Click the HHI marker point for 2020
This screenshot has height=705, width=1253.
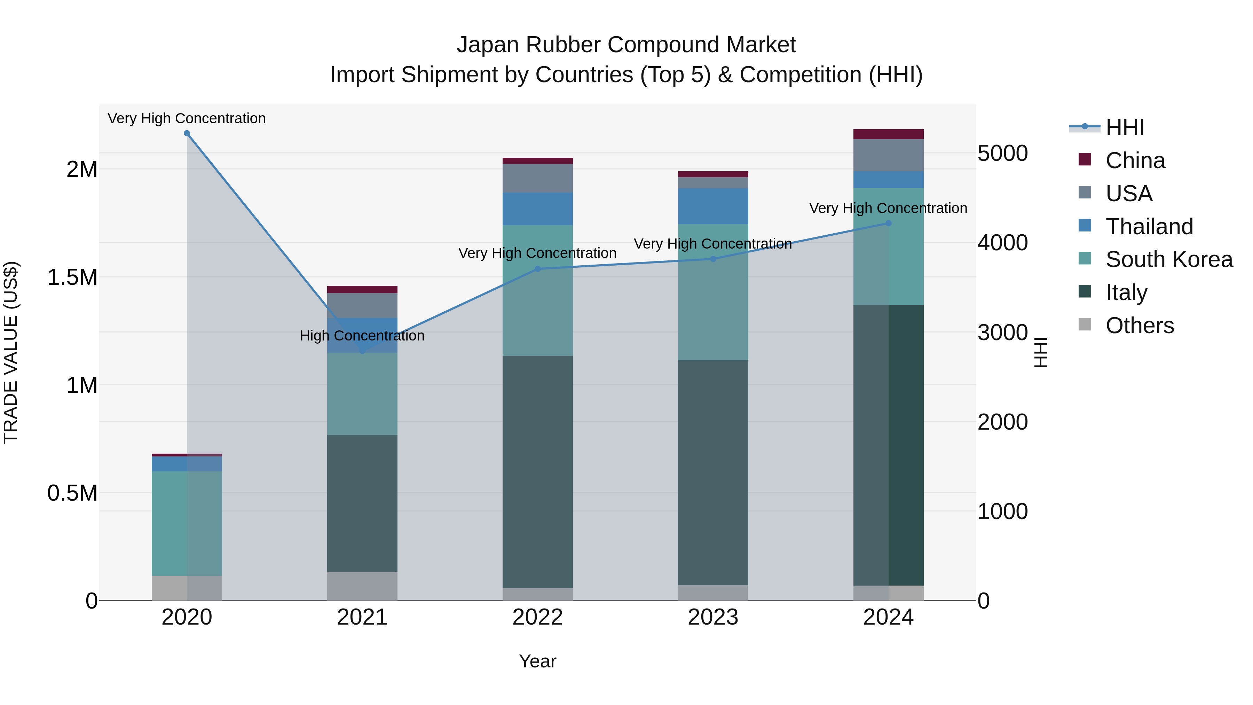(x=187, y=133)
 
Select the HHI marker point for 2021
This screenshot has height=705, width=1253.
(x=362, y=351)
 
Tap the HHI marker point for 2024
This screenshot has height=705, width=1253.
(x=888, y=223)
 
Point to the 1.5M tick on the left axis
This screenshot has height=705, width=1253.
(x=72, y=277)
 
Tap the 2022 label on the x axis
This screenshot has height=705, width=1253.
(x=537, y=617)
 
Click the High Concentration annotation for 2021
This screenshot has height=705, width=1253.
(x=362, y=336)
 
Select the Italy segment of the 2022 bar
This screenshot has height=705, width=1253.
(x=537, y=472)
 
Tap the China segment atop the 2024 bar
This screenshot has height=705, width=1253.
(x=888, y=134)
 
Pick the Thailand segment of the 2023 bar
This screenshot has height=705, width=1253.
(x=713, y=206)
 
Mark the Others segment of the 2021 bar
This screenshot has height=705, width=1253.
(x=362, y=586)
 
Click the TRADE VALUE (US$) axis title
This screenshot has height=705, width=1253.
(x=11, y=352)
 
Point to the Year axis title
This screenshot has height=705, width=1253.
(x=537, y=661)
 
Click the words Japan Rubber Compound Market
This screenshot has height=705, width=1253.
(x=626, y=45)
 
